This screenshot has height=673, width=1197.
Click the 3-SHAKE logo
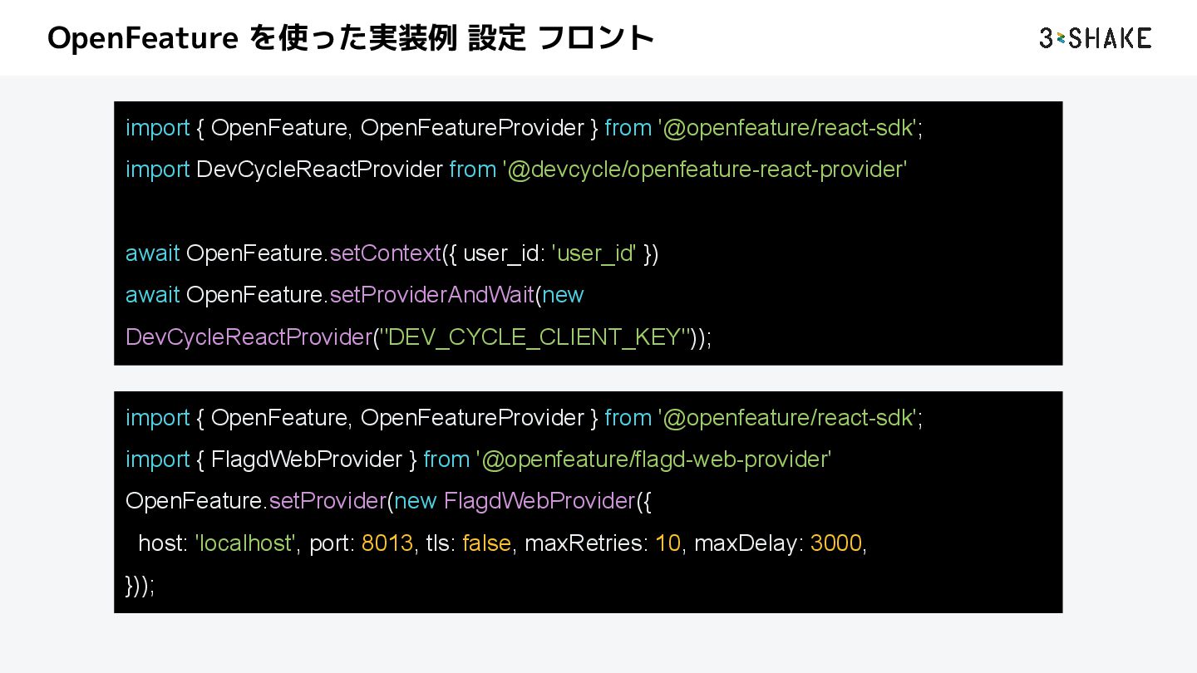1095,38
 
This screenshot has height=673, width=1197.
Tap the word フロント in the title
596,38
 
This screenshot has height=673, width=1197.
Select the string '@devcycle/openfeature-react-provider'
705,169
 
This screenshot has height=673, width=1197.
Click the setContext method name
385,253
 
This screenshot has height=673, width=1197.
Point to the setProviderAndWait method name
431,295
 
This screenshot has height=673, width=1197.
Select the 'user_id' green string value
594,253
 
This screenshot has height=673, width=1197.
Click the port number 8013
387,543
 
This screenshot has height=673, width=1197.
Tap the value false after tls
486,543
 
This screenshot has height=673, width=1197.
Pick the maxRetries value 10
667,543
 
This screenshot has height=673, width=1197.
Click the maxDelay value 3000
836,543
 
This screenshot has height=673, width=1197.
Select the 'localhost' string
246,543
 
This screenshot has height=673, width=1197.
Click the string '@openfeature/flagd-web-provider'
654,459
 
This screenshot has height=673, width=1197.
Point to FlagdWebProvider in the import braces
307,459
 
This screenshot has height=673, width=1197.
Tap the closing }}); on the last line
140,586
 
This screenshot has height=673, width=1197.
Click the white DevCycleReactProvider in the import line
319,169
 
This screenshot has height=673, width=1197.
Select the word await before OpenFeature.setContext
153,253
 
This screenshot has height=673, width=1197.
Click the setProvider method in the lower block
328,501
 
